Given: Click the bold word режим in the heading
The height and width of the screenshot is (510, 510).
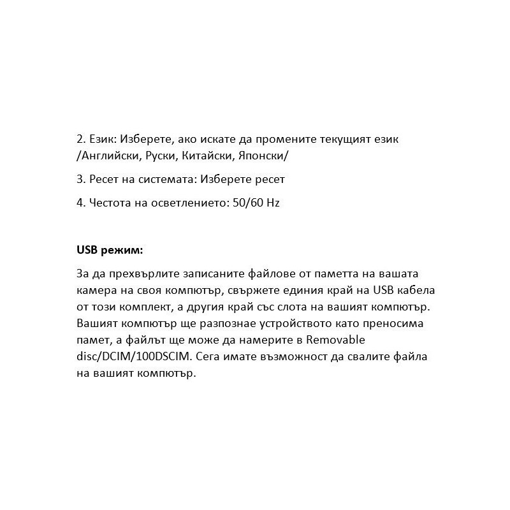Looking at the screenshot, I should click(121, 249).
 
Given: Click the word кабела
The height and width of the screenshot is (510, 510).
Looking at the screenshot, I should click(414, 291).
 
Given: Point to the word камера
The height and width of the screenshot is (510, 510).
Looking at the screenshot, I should click(96, 291).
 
